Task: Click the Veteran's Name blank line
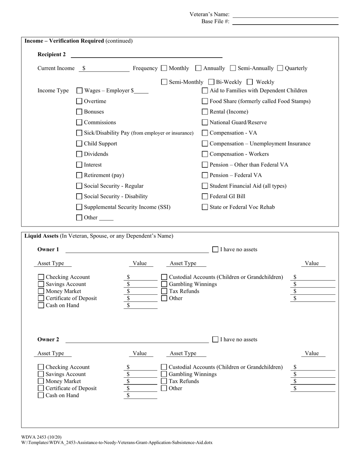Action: (x=285, y=14)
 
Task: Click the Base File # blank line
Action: (x=285, y=22)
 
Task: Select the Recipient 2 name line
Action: (x=146, y=55)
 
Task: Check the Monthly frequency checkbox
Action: (x=164, y=68)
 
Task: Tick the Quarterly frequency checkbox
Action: (x=280, y=68)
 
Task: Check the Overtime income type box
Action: (x=79, y=101)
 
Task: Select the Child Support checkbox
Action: (x=79, y=144)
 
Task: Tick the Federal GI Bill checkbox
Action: (x=205, y=196)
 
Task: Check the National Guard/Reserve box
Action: (x=205, y=122)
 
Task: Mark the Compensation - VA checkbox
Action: (x=205, y=133)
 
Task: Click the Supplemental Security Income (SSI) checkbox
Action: (x=79, y=207)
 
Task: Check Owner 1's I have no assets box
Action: (x=215, y=249)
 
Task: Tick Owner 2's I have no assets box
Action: (x=215, y=339)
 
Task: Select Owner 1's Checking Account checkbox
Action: (x=41, y=277)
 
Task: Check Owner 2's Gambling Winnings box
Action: (x=164, y=374)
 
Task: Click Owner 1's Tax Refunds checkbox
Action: (x=164, y=291)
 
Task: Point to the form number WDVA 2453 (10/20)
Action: (x=41, y=437)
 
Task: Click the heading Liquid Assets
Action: (x=41, y=236)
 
